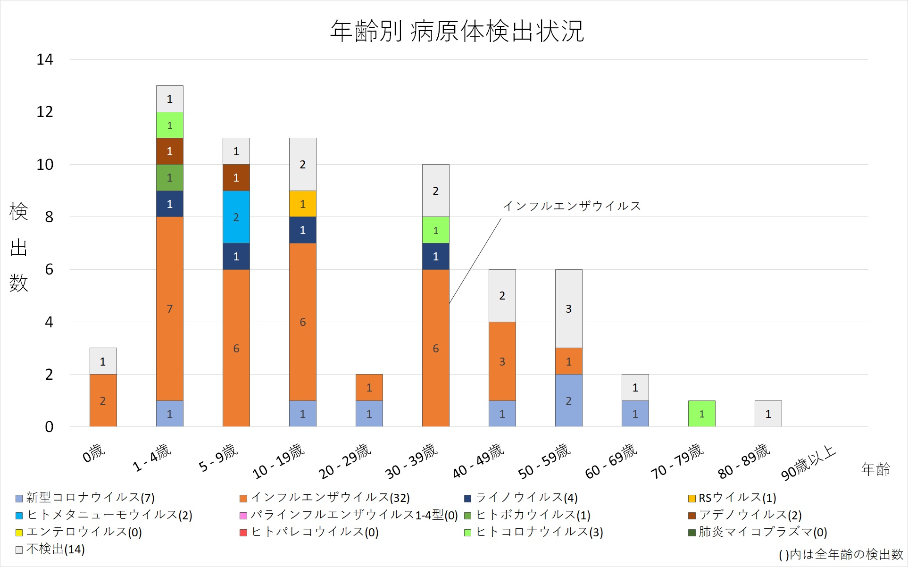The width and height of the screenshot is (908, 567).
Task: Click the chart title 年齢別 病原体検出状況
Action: [x=457, y=31]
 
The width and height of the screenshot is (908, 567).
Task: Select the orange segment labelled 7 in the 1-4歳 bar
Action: [x=170, y=309]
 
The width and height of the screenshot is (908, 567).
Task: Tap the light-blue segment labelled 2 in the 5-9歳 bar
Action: [x=236, y=217]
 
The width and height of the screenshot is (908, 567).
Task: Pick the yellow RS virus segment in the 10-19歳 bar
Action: [x=303, y=204]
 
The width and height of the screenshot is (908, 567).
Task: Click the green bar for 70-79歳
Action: [x=702, y=414]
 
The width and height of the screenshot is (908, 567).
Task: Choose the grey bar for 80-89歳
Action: [x=768, y=414]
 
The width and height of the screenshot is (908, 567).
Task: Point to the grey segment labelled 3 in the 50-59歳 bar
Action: [x=569, y=309]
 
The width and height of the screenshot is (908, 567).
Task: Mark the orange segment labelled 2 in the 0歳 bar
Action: [x=103, y=400]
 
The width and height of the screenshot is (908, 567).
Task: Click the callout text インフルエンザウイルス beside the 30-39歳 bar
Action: [x=572, y=206]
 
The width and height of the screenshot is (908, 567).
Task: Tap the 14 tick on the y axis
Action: [x=45, y=60]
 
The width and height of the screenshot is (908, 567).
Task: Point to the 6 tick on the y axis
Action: [x=49, y=269]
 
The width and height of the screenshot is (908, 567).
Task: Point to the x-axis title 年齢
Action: [x=875, y=469]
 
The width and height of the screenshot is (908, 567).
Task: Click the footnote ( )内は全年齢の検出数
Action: [x=841, y=555]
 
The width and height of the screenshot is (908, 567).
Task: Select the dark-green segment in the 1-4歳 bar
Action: [x=170, y=178]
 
